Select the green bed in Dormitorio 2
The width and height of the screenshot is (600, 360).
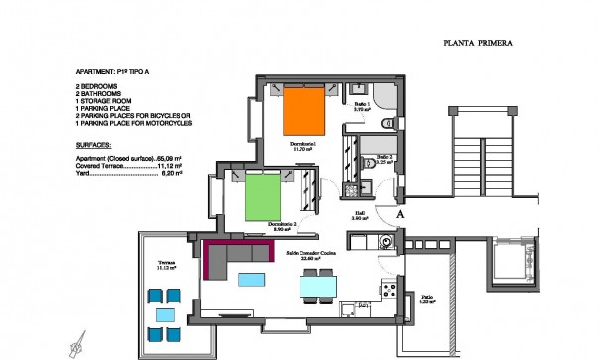click(265, 195)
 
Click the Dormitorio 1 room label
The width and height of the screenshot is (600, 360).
click(302, 145)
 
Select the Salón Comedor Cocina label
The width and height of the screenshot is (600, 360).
click(313, 255)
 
